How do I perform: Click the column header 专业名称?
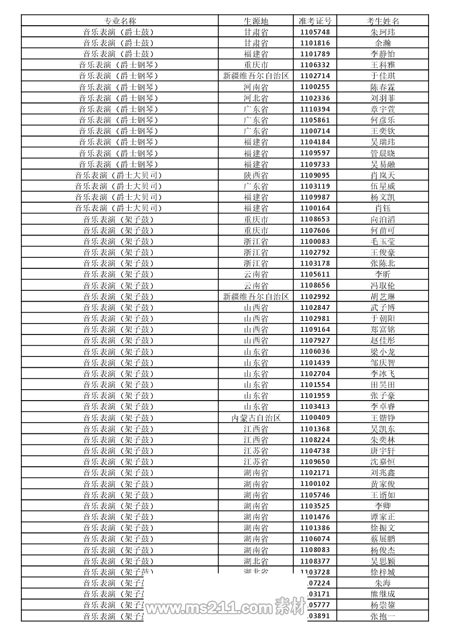pos(120,21)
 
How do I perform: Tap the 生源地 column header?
pos(256,21)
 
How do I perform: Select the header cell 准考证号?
pos(315,21)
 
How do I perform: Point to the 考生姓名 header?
pos(383,21)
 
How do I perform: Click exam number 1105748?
pos(315,32)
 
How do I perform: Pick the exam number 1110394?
pos(315,109)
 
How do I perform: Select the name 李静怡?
pos(383,54)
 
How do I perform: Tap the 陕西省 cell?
pos(256,175)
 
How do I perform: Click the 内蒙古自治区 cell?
pos(256,418)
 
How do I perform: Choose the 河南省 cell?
pos(256,87)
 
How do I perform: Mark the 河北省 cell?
pos(256,98)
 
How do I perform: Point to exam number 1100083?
pos(315,242)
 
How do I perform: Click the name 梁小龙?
pos(383,351)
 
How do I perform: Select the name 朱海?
pos(383,583)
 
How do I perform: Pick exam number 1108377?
pos(315,561)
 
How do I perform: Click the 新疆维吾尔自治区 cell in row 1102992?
pos(256,296)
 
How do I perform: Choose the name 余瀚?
pos(383,43)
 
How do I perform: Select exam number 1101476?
pos(315,517)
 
